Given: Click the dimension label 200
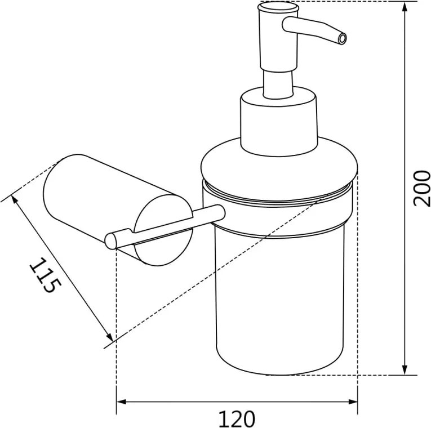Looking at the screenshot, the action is click(x=422, y=188).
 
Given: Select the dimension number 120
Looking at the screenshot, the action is click(x=237, y=419).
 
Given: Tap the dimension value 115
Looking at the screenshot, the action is click(x=46, y=275).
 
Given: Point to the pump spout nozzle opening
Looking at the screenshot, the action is click(x=342, y=39).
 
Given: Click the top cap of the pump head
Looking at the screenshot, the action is click(x=278, y=7).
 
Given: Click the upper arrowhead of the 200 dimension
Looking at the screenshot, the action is click(x=405, y=8).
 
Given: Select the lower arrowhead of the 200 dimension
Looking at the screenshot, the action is click(x=405, y=369).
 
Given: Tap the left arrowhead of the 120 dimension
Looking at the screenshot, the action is click(x=122, y=402).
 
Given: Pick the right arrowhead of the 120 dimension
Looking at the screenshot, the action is click(x=352, y=402).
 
